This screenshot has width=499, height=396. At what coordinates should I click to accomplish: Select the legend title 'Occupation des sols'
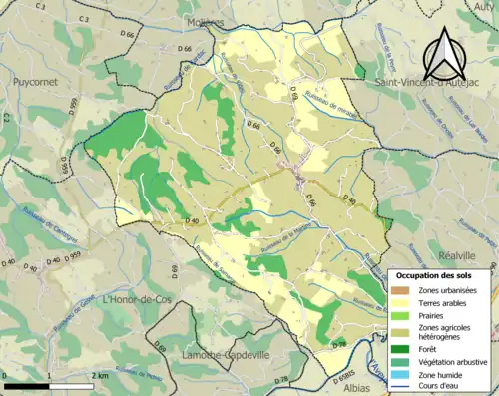(437, 275)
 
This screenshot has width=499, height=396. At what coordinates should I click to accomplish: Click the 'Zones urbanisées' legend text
(447, 290)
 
